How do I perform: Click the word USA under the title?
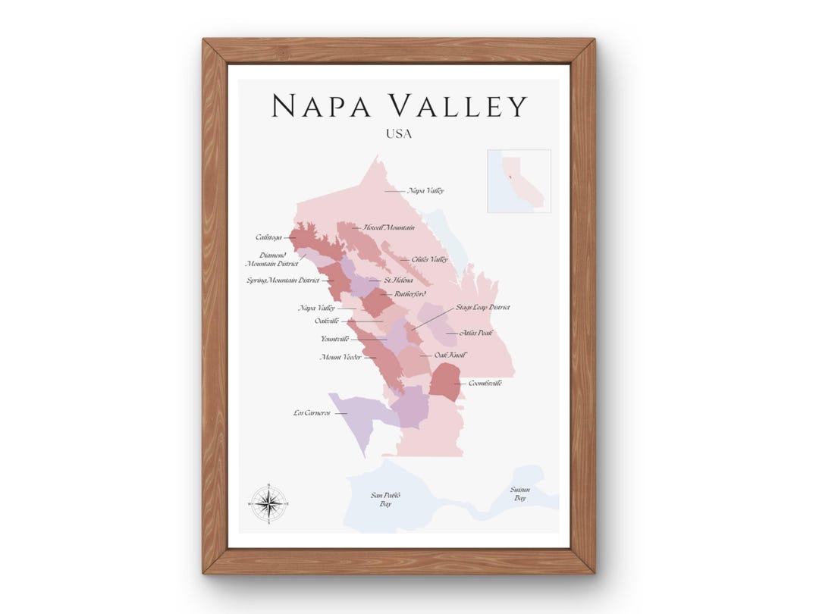pyautogui.click(x=399, y=134)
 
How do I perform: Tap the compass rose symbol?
pyautogui.click(x=269, y=503)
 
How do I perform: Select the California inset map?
pyautogui.click(x=519, y=181)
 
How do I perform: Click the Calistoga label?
pyautogui.click(x=268, y=238)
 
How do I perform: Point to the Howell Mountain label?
pyautogui.click(x=388, y=227)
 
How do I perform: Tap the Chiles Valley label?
pyautogui.click(x=429, y=259)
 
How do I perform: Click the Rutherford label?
pyautogui.click(x=410, y=293)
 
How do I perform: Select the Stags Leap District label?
pyautogui.click(x=482, y=308)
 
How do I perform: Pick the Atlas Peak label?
pyautogui.click(x=475, y=333)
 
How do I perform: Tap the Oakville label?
pyautogui.click(x=326, y=321)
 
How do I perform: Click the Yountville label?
pyautogui.click(x=334, y=339)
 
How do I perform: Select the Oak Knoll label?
pyautogui.click(x=450, y=355)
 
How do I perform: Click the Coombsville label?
pyautogui.click(x=485, y=384)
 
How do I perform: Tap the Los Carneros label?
pyautogui.click(x=312, y=413)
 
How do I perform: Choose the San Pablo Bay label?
pyautogui.click(x=385, y=500)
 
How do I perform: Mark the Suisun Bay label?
pyautogui.click(x=520, y=494)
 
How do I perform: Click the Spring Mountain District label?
pyautogui.click(x=283, y=280)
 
